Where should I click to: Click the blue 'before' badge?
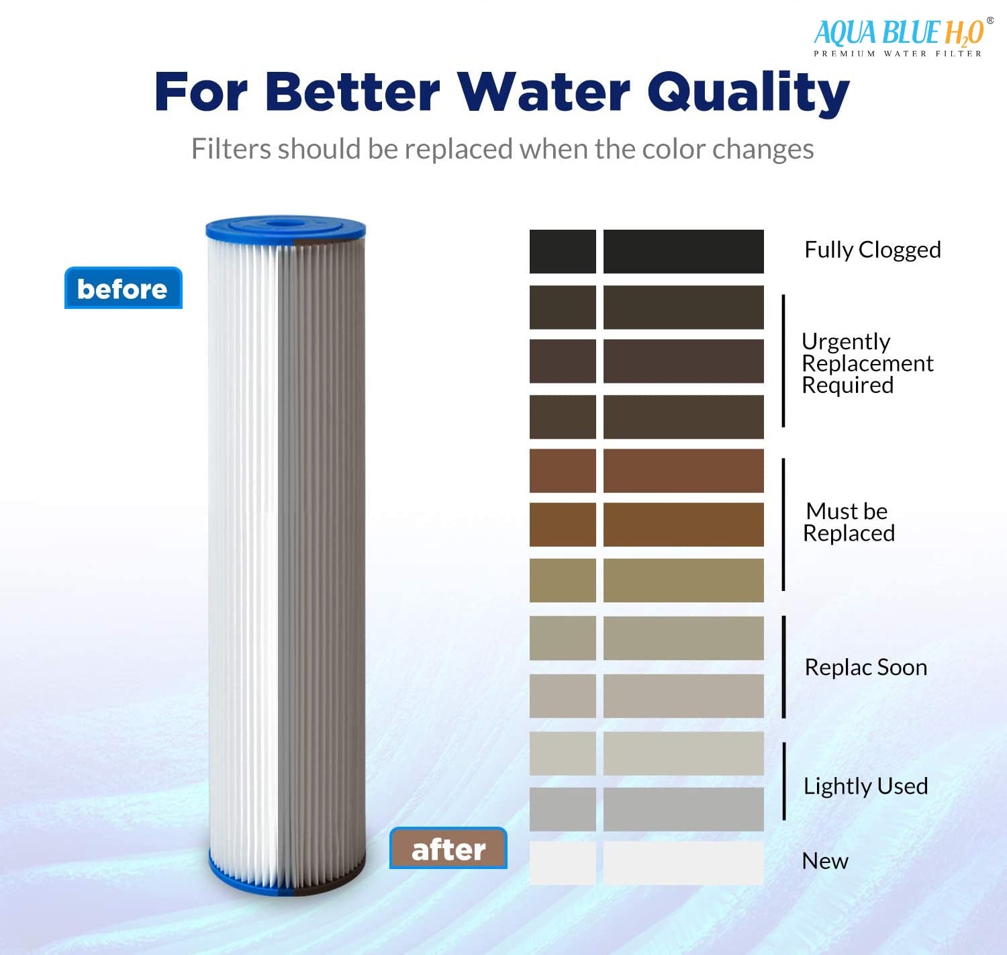pos(123,289)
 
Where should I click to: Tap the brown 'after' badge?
pos(448,849)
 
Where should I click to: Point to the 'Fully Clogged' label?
pos(872,250)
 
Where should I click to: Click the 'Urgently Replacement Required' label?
pos(867,363)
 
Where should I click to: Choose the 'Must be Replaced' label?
pos(849,522)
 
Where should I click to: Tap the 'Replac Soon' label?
pos(865,668)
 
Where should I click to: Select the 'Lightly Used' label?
pos(865,786)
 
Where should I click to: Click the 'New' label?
pos(825,861)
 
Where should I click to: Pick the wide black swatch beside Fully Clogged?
pos(683,252)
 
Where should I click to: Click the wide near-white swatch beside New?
pos(683,863)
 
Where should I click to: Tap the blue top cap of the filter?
pos(285,228)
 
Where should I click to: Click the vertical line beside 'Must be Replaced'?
pos(783,525)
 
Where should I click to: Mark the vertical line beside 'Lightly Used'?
pos(784,781)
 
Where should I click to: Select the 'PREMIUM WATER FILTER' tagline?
pos(898,54)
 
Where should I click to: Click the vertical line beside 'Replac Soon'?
pos(784,667)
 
